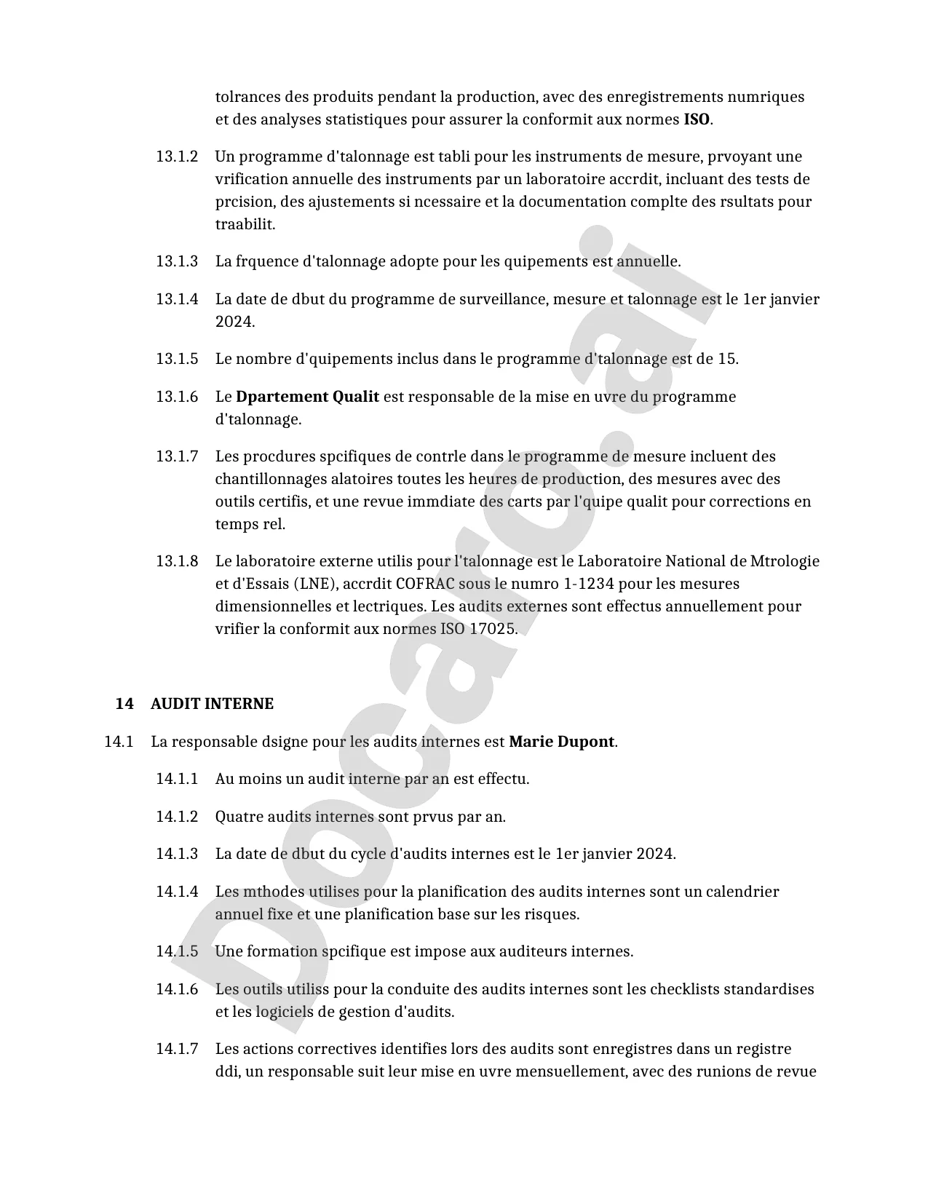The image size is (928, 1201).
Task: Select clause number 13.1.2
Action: click(177, 156)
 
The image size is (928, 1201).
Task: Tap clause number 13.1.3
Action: click(177, 261)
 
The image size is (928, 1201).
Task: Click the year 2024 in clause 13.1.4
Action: click(234, 322)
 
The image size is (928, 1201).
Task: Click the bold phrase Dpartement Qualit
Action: click(307, 397)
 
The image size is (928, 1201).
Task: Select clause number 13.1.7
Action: click(177, 456)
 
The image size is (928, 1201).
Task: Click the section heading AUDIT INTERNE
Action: click(212, 704)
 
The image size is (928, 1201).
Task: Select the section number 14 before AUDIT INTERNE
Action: click(124, 704)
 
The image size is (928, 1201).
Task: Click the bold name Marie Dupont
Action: click(561, 742)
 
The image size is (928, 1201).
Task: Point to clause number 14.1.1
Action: click(177, 779)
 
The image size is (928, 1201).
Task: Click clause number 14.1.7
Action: click(177, 1049)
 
